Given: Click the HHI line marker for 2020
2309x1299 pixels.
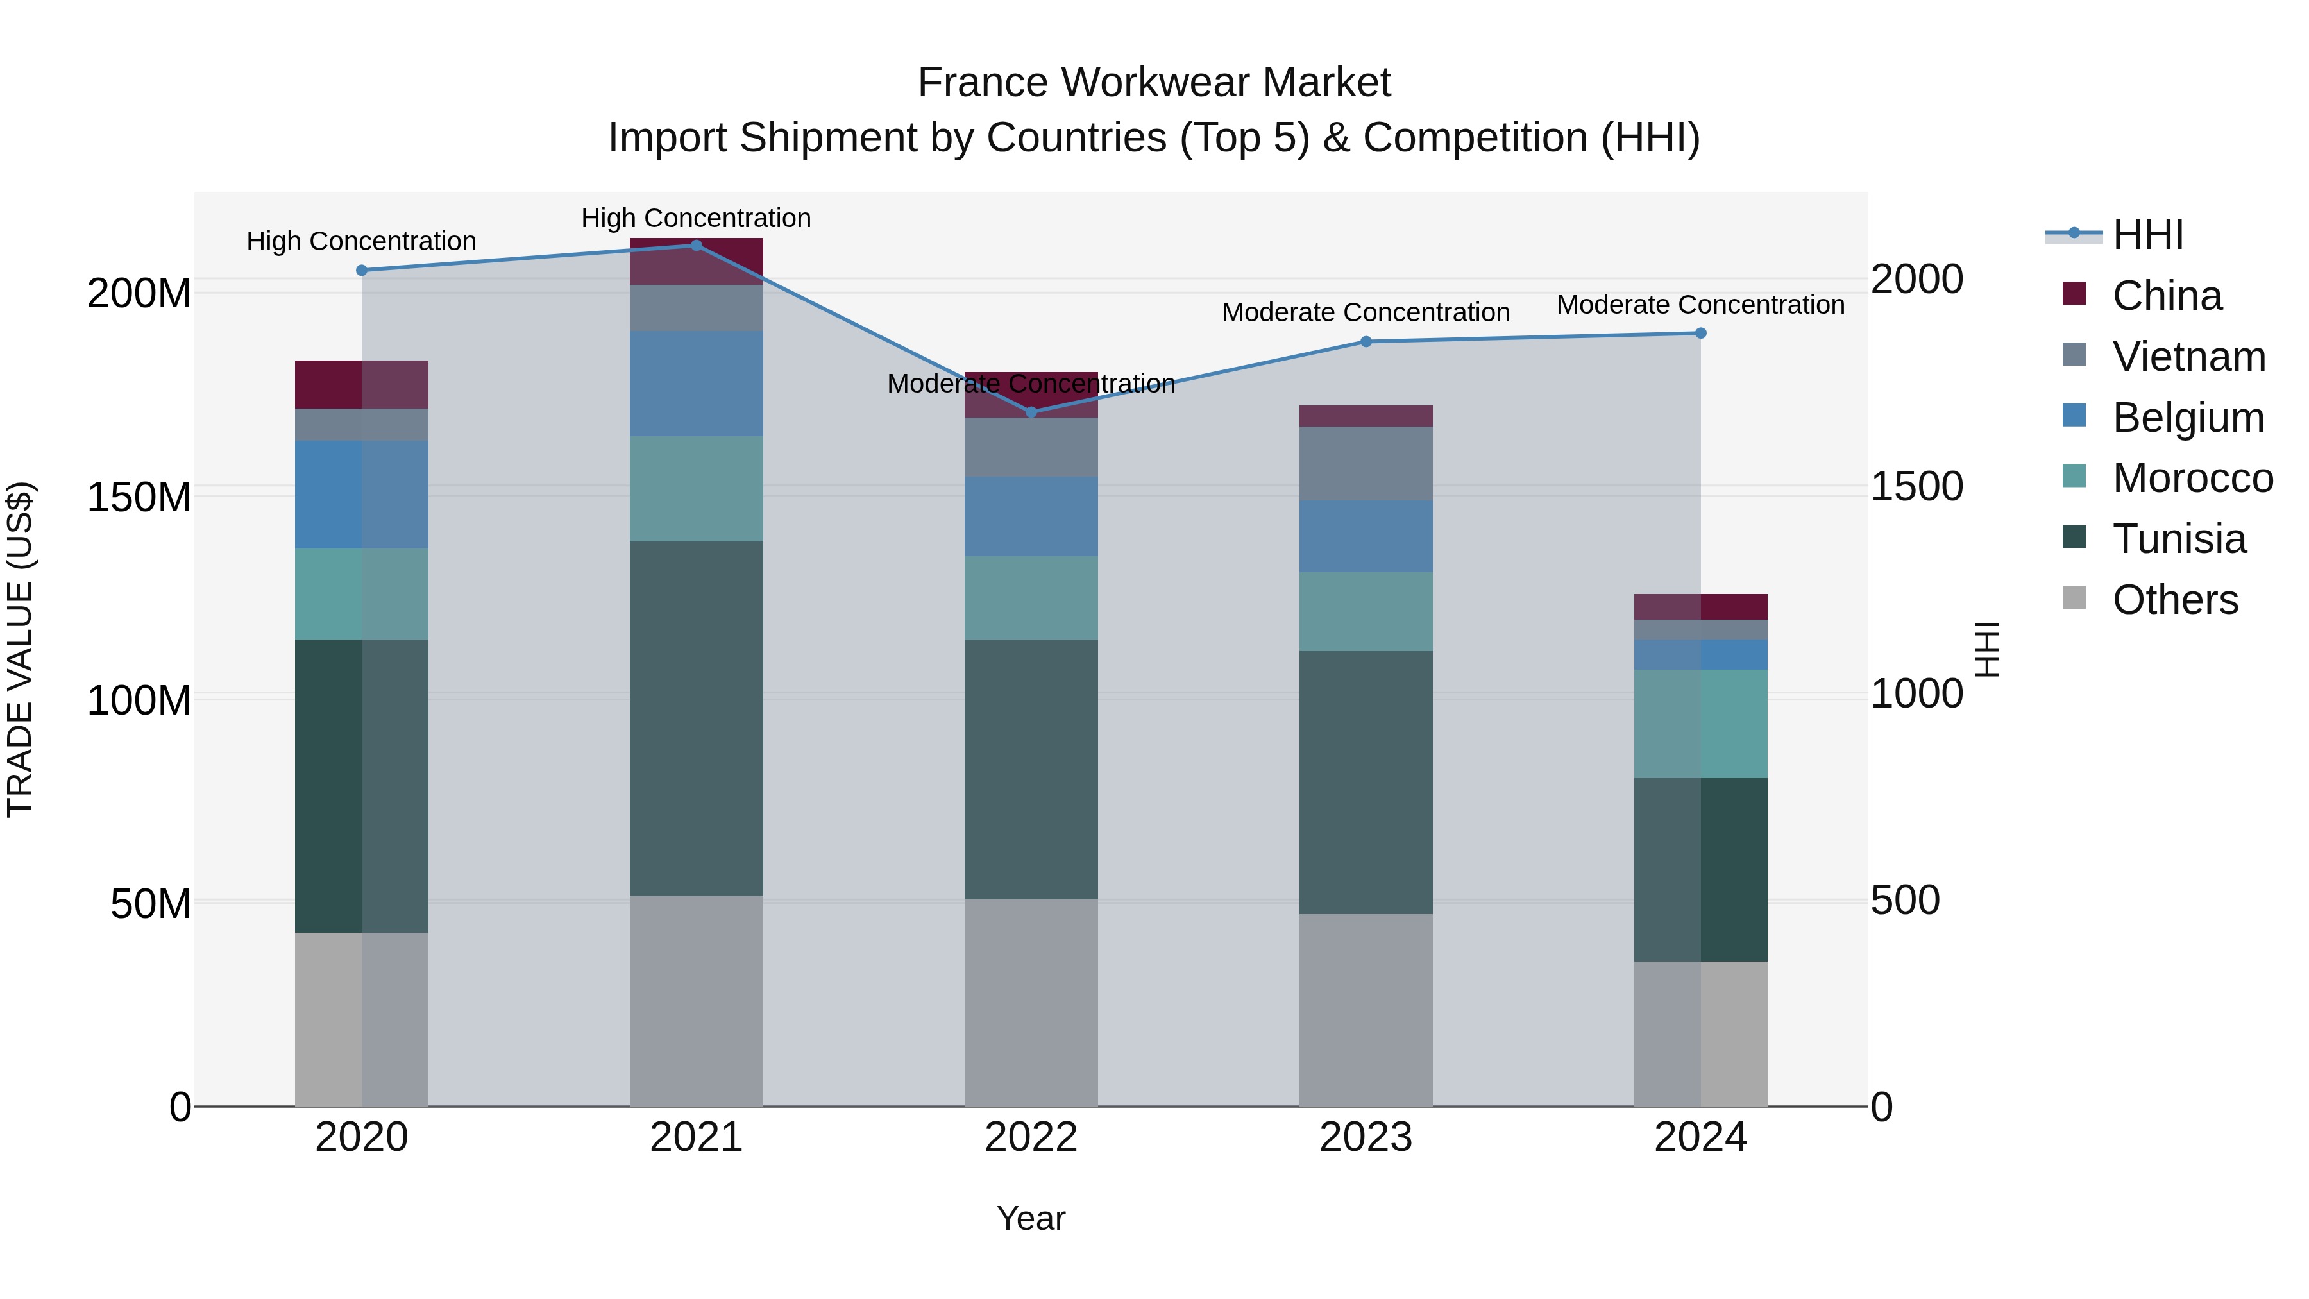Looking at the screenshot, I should click(362, 270).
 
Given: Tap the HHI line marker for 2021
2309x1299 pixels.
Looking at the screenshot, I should click(697, 246).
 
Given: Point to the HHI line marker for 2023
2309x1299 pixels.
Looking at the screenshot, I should click(1366, 341).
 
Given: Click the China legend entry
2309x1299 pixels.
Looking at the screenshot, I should click(2167, 296).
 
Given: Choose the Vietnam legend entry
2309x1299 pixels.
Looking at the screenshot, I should click(2188, 357).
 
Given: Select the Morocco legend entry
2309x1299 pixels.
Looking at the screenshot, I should click(2192, 478).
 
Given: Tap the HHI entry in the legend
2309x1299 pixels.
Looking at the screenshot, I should click(2147, 235).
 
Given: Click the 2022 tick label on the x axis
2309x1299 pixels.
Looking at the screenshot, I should click(1031, 1137).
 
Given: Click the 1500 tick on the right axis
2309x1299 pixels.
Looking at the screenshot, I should click(1916, 487).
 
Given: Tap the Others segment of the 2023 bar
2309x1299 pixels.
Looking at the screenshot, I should click(1366, 1010).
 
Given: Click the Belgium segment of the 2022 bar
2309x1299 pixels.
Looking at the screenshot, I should click(1031, 516).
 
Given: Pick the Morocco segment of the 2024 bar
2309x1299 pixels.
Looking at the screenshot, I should click(1700, 724).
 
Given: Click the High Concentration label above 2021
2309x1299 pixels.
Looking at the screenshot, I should click(697, 218).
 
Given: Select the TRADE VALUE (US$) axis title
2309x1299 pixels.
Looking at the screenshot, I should click(20, 649).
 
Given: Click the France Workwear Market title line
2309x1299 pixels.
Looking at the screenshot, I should click(1154, 83).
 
